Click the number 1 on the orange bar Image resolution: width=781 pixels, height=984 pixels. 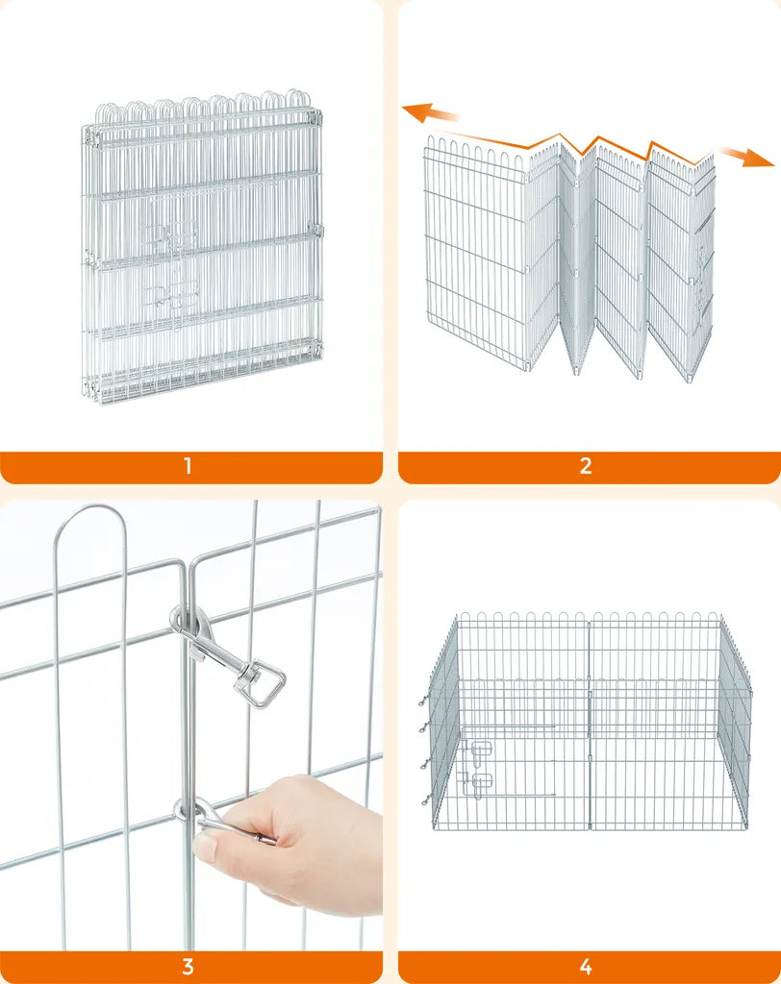[188, 466]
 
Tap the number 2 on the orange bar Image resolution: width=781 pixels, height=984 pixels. [586, 466]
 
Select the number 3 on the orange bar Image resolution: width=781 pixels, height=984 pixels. [188, 967]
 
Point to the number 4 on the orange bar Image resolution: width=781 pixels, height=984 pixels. [586, 967]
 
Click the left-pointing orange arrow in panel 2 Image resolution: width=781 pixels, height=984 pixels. [430, 114]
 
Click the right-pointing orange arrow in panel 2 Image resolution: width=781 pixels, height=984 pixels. [747, 157]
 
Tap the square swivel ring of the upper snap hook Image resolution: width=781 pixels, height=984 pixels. [263, 687]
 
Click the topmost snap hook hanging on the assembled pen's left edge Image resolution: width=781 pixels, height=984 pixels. [424, 700]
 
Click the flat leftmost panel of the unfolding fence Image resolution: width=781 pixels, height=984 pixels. [475, 254]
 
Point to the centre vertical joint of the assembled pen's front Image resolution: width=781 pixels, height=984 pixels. [590, 722]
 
